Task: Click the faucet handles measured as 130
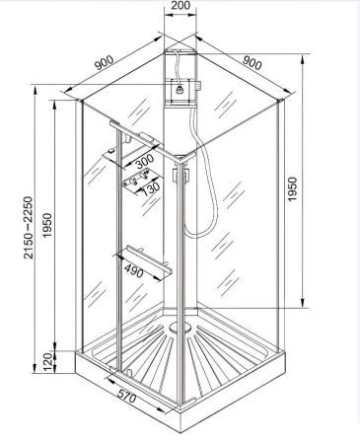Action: point(132,182)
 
